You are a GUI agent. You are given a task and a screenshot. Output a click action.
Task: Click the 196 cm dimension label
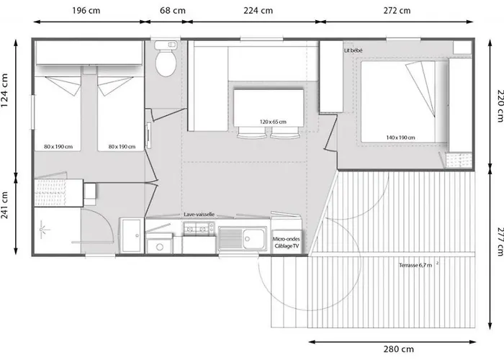click(86, 11)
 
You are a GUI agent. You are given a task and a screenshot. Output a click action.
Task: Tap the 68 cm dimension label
click(173, 11)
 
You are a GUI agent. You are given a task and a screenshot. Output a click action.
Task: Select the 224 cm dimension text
click(258, 11)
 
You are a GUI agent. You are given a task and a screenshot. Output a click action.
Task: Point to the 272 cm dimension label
click(397, 11)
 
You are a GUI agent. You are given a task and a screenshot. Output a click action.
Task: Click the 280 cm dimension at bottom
click(399, 349)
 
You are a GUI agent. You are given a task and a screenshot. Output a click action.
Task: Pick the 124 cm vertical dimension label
click(5, 91)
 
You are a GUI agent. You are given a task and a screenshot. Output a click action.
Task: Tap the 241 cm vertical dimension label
click(5, 205)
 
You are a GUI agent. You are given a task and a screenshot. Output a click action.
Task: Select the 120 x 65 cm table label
click(273, 122)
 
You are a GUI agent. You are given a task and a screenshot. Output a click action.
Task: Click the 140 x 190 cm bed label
click(400, 138)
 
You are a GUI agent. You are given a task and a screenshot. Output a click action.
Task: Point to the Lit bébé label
click(354, 50)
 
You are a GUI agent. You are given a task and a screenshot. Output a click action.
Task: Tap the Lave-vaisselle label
click(199, 215)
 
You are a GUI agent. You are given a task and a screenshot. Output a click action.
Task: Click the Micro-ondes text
click(286, 239)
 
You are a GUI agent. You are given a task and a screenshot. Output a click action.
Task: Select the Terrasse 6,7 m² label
click(418, 265)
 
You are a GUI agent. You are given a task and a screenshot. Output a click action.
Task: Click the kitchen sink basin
click(253, 239)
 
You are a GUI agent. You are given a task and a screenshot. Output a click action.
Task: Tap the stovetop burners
click(199, 229)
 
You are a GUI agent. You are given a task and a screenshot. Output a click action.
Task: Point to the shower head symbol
click(42, 230)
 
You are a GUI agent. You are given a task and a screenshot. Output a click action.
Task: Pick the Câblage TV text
click(287, 246)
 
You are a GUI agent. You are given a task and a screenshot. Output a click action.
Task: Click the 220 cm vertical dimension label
click(499, 106)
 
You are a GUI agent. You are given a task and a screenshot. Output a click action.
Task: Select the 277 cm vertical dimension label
click(499, 242)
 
